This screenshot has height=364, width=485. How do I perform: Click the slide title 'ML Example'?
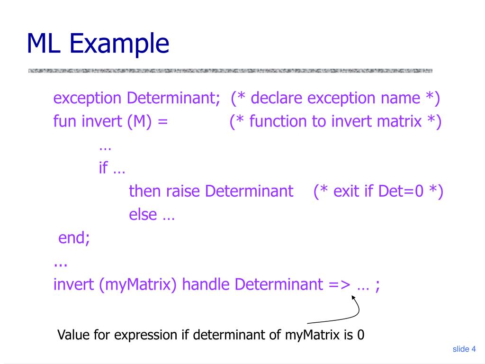98,43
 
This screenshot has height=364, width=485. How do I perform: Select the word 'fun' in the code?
65,122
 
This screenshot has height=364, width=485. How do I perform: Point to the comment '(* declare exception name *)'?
335,99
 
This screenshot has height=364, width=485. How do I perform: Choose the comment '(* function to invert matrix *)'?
335,122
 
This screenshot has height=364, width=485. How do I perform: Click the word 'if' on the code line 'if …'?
103,168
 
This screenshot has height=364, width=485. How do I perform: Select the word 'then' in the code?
145,191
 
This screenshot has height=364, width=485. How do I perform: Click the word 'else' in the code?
143,215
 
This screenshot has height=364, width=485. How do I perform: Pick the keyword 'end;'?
74,238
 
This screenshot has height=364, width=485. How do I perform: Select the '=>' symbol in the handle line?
339,284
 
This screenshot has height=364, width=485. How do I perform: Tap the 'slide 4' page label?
464,349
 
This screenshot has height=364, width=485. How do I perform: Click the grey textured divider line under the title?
230,71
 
